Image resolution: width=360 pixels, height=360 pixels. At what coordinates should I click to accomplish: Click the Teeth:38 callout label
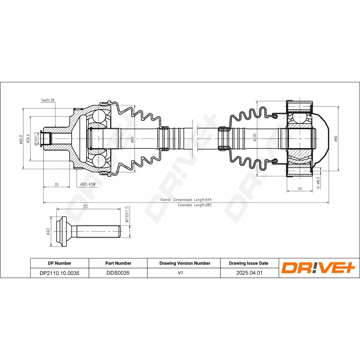(48, 100)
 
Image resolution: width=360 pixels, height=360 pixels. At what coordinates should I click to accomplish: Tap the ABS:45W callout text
(88, 184)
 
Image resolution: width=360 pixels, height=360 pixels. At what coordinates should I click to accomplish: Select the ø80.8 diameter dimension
(21, 139)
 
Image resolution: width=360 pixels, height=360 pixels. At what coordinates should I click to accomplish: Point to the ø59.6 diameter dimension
(28, 139)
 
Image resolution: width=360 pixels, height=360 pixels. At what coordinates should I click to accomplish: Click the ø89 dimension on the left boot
(132, 139)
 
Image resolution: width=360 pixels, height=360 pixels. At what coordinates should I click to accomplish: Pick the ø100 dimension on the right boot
(254, 137)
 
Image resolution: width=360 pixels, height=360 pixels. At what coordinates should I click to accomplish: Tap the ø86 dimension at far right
(336, 139)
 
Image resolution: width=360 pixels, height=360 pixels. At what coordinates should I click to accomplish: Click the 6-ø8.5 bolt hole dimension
(318, 183)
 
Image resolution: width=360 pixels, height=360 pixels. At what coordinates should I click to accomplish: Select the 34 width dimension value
(300, 189)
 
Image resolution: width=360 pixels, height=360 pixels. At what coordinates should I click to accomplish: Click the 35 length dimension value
(57, 184)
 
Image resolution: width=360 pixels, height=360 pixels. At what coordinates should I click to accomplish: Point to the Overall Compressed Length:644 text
(186, 200)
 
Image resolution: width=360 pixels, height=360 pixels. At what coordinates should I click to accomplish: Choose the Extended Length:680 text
(195, 205)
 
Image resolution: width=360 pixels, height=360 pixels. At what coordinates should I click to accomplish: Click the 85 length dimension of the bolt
(85, 206)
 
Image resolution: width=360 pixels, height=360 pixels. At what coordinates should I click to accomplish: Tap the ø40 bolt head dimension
(48, 231)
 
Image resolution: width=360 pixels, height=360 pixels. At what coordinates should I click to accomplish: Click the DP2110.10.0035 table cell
(59, 273)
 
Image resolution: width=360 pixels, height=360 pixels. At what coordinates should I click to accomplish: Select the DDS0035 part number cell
(118, 273)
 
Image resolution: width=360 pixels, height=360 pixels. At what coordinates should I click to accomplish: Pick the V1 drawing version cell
(180, 273)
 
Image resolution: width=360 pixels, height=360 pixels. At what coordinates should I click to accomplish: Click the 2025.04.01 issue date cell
(249, 273)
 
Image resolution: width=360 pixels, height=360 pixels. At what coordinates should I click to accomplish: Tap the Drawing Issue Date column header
(249, 263)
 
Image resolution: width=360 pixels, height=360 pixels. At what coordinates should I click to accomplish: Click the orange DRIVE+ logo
(318, 268)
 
